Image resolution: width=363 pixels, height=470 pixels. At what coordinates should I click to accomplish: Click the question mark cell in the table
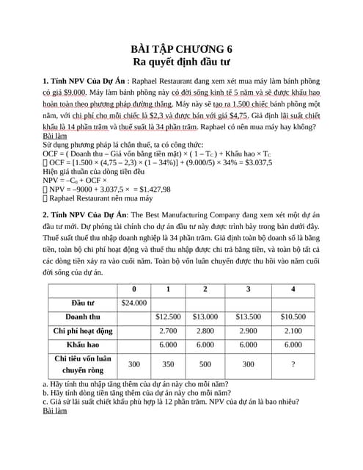pos(293,364)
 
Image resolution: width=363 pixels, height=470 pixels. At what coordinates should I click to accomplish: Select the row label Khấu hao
pos(83,344)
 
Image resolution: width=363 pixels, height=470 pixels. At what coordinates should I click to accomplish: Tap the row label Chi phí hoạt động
pos(83,330)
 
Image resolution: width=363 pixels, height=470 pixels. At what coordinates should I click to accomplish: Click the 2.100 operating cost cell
pos(293,330)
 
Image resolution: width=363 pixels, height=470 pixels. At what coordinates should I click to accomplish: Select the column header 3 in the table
pos(249,289)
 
